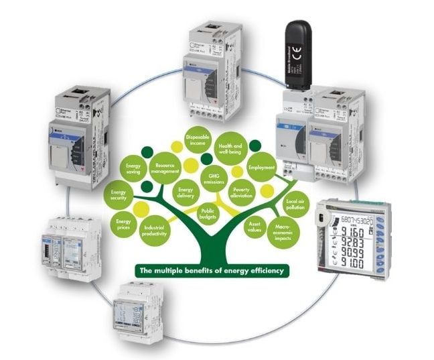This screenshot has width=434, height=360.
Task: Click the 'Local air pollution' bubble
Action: (295, 203)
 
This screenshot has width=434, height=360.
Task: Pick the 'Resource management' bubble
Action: (163, 168)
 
